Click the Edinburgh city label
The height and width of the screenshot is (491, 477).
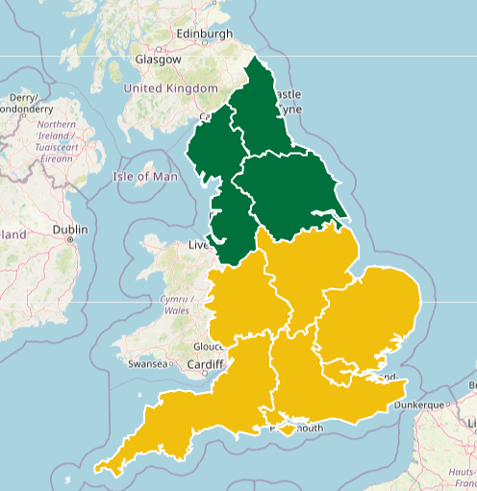coord(204,35)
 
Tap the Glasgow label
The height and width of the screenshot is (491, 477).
coord(158,59)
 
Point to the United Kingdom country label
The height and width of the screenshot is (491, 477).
coord(170,88)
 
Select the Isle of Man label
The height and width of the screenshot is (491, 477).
coord(145,177)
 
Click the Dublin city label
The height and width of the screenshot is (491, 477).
coord(70,230)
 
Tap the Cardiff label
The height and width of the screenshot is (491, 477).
coord(205,365)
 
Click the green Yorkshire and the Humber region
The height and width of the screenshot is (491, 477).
coord(289,192)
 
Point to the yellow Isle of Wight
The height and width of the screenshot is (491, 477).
coord(289,425)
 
